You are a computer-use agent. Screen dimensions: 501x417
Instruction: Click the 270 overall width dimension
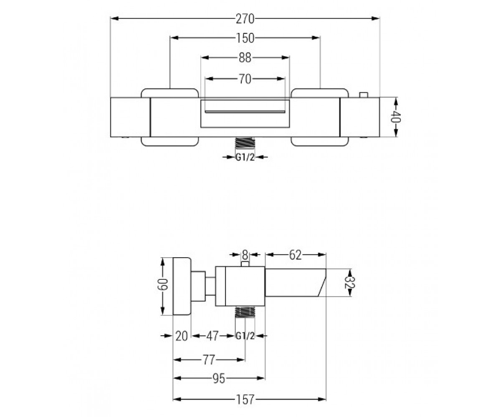[245, 19]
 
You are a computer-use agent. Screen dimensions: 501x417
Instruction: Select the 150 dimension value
[245, 38]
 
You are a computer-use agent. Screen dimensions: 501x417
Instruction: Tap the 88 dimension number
[245, 58]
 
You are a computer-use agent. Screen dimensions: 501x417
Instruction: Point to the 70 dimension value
[245, 79]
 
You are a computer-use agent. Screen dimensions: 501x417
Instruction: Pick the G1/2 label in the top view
[245, 157]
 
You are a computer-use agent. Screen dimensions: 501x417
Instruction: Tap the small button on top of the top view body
[364, 95]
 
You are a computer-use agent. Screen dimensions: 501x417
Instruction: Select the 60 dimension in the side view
[163, 284]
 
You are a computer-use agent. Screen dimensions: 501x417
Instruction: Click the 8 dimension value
[245, 255]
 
